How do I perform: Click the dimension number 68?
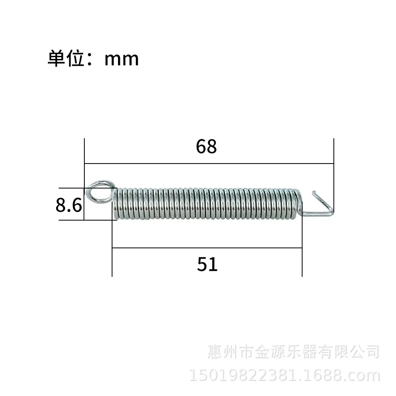tap(206, 147)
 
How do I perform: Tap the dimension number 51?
tap(207, 264)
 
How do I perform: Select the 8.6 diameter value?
tap(69, 205)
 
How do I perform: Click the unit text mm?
tap(122, 60)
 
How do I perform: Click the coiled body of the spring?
tap(207, 204)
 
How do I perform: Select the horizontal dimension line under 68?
tap(209, 164)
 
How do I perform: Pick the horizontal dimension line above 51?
tap(207, 248)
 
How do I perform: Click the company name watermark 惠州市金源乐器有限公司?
tap(293, 352)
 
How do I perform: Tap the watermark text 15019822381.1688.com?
tap(285, 375)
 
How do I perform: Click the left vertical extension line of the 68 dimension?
tap(84, 179)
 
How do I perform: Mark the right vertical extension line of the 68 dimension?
tap(333, 175)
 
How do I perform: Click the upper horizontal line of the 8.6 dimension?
tap(88, 188)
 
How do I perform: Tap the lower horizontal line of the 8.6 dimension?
tap(88, 220)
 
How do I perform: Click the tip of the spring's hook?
tap(314, 192)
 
